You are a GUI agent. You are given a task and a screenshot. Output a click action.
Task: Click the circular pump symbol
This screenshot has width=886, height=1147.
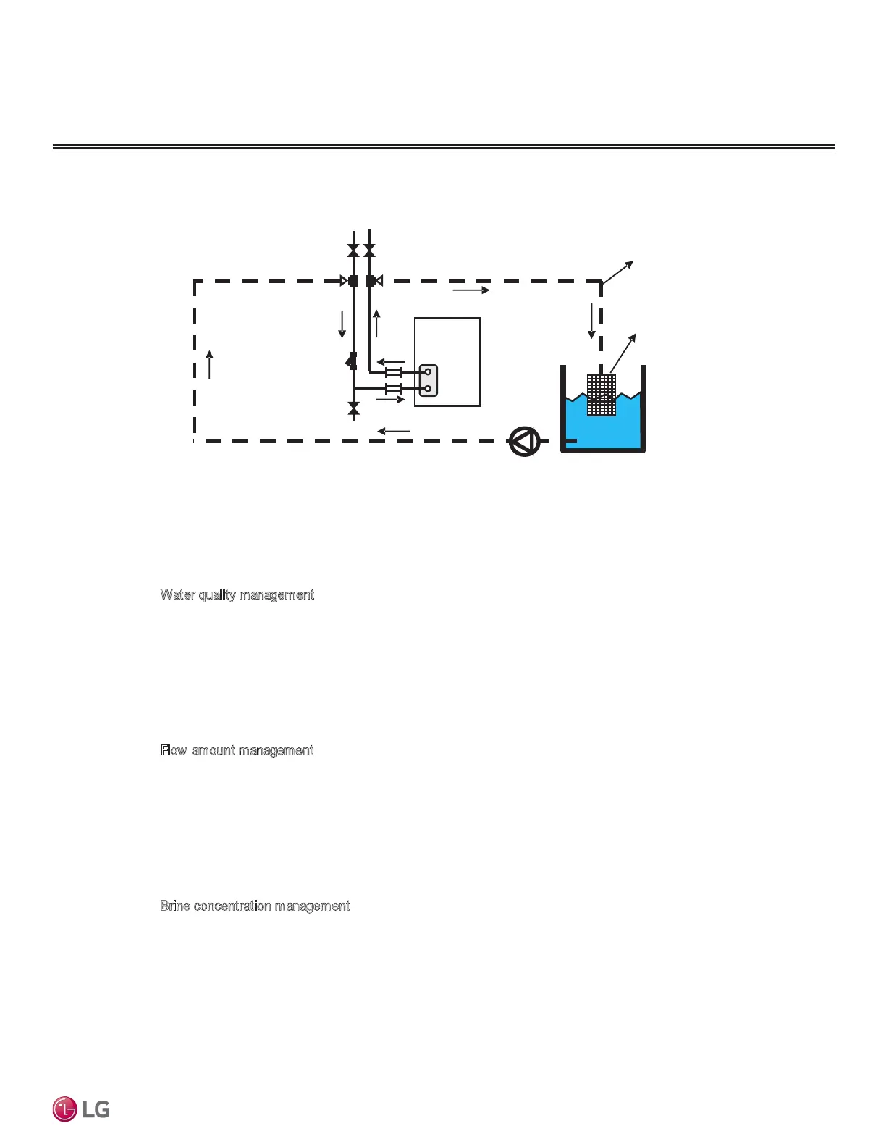click(x=525, y=441)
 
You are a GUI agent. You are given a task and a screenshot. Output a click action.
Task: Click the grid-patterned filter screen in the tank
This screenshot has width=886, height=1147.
click(x=602, y=395)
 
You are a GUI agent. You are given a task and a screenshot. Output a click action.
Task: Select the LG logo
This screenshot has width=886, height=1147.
click(x=81, y=1109)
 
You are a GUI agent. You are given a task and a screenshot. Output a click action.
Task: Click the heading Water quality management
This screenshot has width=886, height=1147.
click(x=237, y=595)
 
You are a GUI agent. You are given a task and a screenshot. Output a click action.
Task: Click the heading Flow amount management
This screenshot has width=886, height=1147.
click(x=237, y=751)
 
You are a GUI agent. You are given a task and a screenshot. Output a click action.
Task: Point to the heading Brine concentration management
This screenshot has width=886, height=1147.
click(x=255, y=907)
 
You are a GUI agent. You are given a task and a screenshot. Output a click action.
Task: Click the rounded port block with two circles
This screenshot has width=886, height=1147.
click(x=429, y=380)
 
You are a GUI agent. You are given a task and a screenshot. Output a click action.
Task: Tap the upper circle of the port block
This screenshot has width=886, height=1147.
click(x=429, y=371)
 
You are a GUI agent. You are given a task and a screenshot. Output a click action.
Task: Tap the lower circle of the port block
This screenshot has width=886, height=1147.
click(x=429, y=389)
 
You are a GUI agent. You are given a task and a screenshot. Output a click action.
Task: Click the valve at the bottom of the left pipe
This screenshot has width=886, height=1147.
click(x=353, y=410)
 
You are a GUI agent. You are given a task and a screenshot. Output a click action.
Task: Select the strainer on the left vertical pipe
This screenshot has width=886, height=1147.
click(x=352, y=360)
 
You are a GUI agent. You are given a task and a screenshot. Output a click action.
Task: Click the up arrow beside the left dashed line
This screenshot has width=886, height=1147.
click(x=210, y=364)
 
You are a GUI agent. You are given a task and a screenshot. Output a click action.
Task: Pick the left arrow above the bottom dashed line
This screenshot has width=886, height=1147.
click(x=394, y=432)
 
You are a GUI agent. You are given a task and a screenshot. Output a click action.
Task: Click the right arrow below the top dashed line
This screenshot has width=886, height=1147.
click(x=471, y=290)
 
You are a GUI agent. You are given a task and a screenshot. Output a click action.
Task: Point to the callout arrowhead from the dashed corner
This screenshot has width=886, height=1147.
click(x=630, y=264)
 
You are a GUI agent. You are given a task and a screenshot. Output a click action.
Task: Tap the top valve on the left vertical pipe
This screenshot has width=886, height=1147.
click(x=353, y=251)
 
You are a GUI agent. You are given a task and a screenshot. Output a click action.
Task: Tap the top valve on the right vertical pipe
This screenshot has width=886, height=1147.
click(x=370, y=251)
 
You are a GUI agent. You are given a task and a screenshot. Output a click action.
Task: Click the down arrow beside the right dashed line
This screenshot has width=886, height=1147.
click(x=591, y=321)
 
